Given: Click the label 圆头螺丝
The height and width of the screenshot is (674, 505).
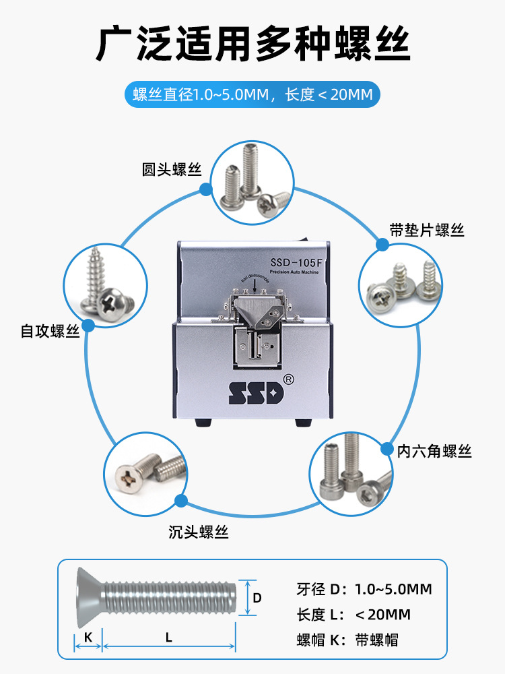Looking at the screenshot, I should [172, 169].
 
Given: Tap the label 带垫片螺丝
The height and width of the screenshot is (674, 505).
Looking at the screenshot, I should [427, 231].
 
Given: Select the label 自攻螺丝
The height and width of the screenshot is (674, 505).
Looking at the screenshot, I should [50, 332].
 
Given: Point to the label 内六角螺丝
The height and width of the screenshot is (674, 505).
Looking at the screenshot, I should [434, 451].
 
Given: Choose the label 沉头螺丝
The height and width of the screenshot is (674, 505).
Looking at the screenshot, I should [199, 532].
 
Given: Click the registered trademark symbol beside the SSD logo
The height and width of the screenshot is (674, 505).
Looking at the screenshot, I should [289, 379].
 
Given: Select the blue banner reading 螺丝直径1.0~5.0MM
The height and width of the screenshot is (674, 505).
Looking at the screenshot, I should [252, 95].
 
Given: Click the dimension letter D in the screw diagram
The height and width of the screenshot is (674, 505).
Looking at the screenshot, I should [257, 597].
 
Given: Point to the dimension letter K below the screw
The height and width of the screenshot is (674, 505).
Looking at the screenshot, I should [88, 636].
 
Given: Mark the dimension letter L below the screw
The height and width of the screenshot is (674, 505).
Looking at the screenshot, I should [168, 636].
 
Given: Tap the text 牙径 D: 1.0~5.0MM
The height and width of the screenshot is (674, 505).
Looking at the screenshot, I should [364, 589].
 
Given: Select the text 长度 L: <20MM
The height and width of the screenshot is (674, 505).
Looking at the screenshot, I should [353, 614].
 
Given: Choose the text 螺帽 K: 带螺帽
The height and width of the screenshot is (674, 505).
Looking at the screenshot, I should [347, 640].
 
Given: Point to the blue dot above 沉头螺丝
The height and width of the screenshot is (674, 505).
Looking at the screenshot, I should [180, 501].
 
